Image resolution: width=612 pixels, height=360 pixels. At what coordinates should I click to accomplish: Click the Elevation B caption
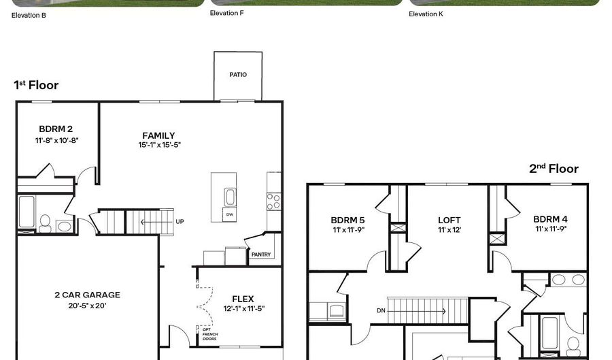tap(29, 14)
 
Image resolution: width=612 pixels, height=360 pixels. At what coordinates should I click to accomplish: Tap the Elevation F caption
tap(227, 13)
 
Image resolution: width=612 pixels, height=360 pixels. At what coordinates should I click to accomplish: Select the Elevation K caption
tap(426, 14)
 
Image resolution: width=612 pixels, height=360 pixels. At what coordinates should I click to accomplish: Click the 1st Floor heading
tap(36, 86)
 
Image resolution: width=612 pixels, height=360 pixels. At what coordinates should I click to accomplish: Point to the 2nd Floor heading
tap(554, 169)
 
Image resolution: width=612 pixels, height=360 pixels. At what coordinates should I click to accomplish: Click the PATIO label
tap(238, 75)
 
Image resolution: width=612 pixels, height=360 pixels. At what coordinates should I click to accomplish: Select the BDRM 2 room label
tap(56, 129)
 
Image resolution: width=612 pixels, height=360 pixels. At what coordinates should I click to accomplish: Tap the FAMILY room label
tap(158, 135)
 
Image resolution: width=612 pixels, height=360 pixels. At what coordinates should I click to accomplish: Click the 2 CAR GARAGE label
tap(87, 295)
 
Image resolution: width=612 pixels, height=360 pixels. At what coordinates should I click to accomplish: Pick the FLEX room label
tap(243, 299)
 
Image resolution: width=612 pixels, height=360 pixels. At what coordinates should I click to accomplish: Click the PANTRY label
tap(261, 255)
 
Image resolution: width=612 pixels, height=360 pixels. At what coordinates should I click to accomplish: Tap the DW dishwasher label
tap(229, 214)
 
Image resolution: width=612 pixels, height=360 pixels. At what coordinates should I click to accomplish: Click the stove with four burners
tap(273, 201)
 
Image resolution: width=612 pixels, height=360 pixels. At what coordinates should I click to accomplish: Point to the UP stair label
tap(180, 222)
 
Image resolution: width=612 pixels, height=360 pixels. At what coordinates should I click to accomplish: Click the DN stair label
tap(381, 311)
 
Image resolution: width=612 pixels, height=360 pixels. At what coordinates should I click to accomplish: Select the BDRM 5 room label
tap(347, 220)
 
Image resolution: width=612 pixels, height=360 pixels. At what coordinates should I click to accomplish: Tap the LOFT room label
tap(449, 220)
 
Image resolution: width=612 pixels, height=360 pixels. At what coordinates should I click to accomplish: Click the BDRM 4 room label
tap(550, 219)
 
